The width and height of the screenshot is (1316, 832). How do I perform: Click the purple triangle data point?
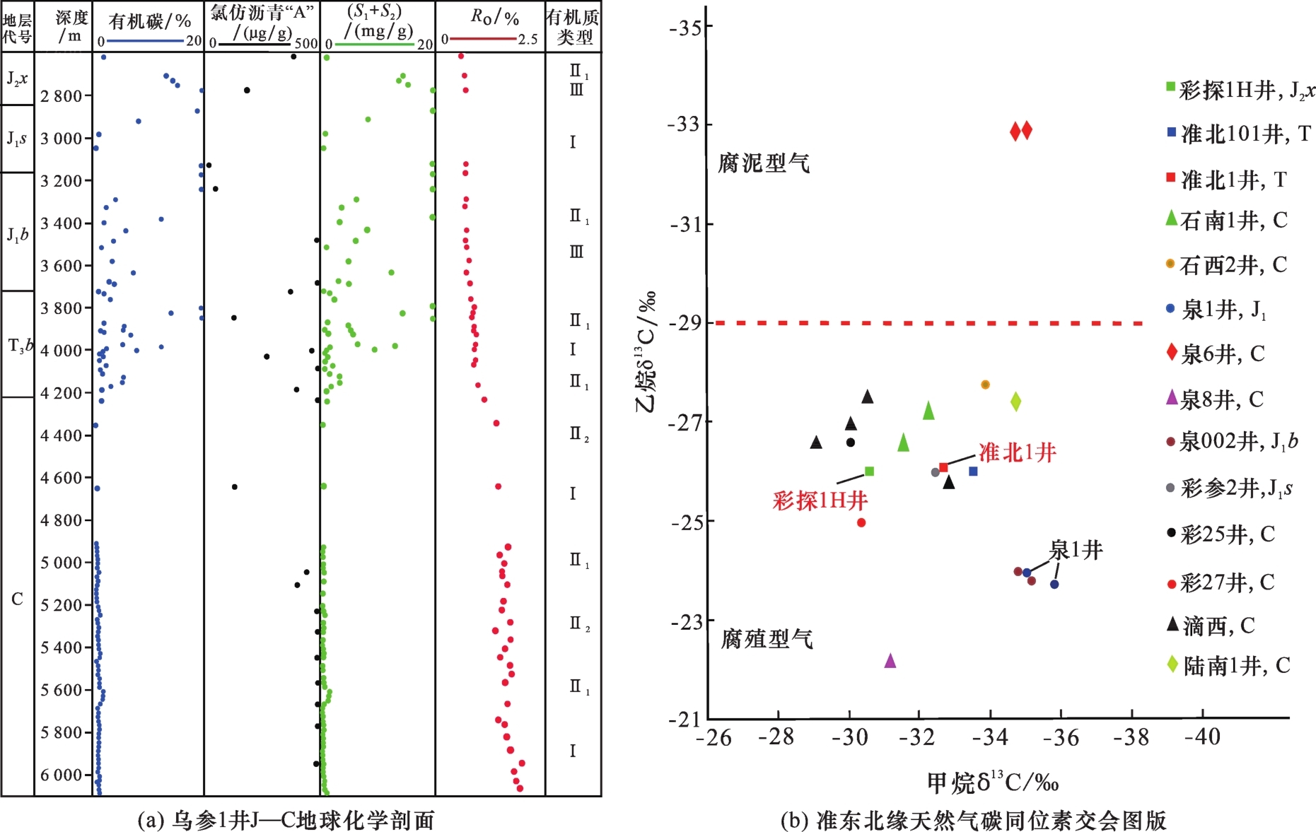point(890,661)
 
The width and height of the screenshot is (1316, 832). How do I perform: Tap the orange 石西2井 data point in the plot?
point(985,385)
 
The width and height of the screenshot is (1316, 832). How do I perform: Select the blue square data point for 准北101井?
point(973,471)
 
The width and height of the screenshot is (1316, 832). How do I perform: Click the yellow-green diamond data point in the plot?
point(1015,402)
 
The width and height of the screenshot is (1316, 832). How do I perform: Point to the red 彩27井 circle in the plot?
point(861,523)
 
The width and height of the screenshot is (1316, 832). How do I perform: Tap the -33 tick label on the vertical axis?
point(683,124)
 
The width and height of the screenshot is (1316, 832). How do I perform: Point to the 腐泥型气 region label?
point(764,163)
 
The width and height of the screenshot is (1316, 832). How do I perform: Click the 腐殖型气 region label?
point(767,639)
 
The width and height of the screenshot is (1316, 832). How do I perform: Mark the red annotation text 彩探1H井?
point(820,500)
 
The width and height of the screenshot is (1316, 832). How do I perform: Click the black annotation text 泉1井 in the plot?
point(1076,550)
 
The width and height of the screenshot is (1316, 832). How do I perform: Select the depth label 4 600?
point(62,479)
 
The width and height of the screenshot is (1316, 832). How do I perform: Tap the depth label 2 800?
point(62,96)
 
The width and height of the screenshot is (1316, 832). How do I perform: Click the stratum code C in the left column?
point(17,599)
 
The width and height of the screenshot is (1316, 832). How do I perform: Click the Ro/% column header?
point(495,18)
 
